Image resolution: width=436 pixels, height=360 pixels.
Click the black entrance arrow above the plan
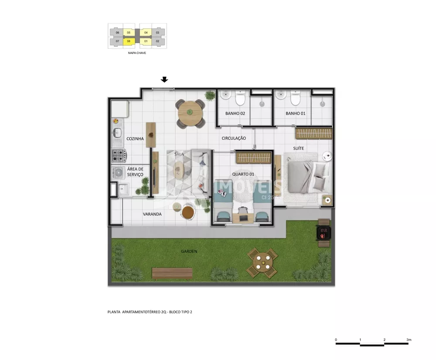(164, 79)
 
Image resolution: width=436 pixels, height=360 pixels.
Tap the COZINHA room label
(135, 139)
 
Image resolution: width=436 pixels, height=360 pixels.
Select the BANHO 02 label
(235, 113)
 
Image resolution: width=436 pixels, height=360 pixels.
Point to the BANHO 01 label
(295, 113)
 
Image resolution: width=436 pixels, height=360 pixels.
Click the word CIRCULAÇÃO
(234, 138)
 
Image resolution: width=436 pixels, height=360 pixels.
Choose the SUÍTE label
(298, 149)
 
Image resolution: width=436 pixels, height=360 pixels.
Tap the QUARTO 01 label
(243, 174)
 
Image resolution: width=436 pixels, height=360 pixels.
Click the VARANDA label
(152, 214)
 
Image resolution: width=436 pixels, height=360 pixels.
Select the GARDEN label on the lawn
(189, 251)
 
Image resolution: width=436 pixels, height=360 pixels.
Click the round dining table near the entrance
(190, 112)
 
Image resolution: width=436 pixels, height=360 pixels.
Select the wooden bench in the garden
(172, 273)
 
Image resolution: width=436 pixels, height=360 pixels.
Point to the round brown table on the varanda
(188, 212)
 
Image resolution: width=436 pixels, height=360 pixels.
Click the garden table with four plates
(262, 263)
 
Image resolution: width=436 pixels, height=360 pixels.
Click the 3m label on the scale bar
(409, 339)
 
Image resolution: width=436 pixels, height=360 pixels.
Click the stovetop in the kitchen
(119, 154)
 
